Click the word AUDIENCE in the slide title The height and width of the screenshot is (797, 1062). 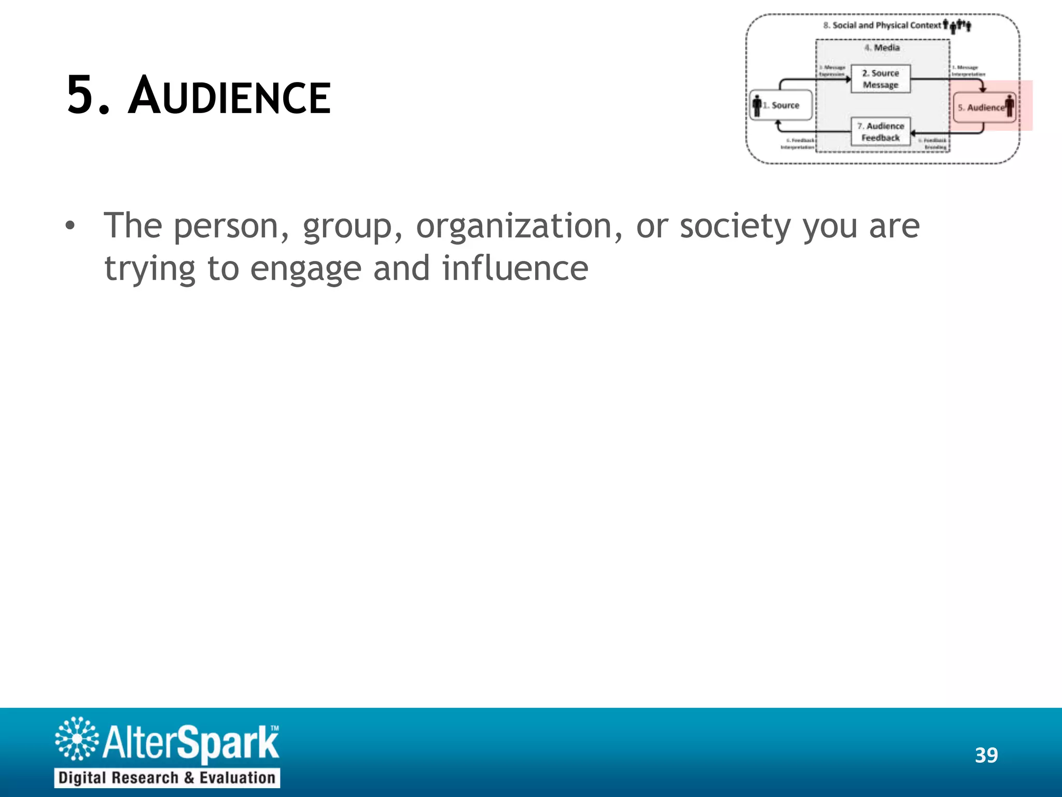coord(229,97)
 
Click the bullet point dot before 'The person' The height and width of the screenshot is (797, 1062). coord(70,226)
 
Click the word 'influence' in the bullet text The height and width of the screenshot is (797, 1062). coord(515,269)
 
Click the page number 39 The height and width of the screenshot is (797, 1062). coord(986,755)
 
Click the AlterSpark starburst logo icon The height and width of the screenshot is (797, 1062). coord(77,739)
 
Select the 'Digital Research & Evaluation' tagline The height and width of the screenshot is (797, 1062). coord(167,778)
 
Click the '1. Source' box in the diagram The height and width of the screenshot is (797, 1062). coord(781,105)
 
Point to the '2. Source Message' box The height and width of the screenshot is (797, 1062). coord(881,79)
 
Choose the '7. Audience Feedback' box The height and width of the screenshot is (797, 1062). coord(881,132)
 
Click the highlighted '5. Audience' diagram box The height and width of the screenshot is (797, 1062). coord(984,107)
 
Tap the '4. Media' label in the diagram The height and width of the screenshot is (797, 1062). coord(882,48)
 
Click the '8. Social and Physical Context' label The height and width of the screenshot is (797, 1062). coord(882,25)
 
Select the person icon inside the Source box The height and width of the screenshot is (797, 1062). coord(757,105)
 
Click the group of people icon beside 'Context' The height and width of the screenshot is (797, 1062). coord(957,25)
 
